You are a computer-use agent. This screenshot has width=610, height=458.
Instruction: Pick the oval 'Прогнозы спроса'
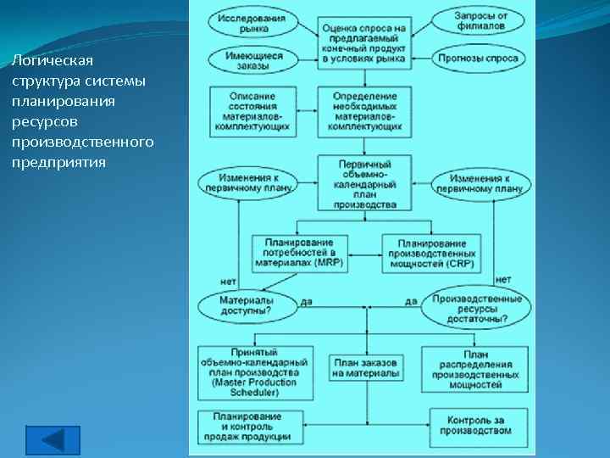tap(480, 59)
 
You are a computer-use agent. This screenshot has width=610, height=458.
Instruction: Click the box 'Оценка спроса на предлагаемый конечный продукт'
tap(364, 40)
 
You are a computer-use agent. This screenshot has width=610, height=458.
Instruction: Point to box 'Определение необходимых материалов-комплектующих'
tap(364, 110)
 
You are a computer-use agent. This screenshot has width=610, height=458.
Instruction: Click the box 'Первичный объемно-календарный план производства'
tap(364, 182)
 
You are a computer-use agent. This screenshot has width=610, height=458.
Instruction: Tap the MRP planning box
tap(293, 253)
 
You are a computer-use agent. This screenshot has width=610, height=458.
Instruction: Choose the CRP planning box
tap(431, 253)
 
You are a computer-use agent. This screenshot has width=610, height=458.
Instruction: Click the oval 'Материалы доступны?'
tap(246, 305)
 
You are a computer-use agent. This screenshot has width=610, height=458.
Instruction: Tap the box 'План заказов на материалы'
tap(365, 367)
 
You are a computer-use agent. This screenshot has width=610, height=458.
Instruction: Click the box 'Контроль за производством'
tap(479, 424)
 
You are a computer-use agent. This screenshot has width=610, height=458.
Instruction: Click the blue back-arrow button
tap(53, 441)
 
